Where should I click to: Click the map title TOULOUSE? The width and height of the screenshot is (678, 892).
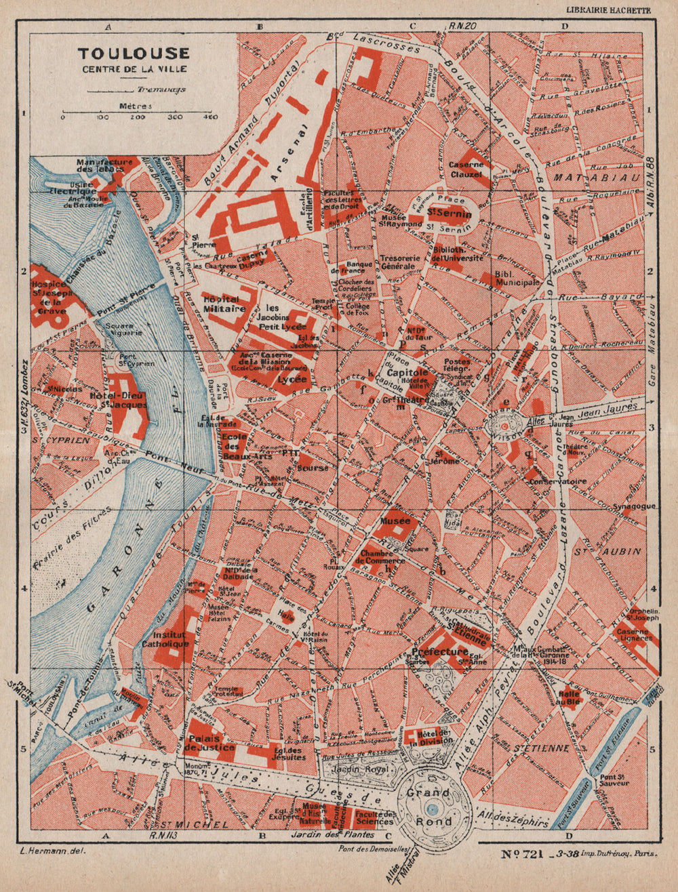click(x=133, y=54)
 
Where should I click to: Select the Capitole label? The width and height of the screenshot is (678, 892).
click(x=407, y=373)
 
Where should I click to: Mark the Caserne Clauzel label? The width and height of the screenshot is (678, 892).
click(x=466, y=169)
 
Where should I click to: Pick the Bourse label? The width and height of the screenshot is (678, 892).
click(x=313, y=468)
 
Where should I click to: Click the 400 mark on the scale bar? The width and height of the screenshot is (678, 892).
click(x=211, y=117)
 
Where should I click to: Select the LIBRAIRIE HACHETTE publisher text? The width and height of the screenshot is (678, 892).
click(x=608, y=9)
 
